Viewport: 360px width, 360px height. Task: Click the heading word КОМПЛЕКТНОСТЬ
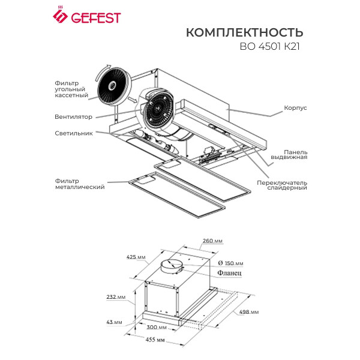coord(244,32)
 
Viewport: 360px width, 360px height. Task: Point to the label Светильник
coord(74,133)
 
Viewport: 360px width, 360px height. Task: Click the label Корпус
coord(295,109)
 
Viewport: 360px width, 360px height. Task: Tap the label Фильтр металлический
coord(76,184)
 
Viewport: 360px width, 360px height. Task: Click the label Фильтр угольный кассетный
coord(71,89)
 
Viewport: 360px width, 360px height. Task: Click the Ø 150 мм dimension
coord(231,263)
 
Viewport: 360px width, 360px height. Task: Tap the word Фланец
coord(230,273)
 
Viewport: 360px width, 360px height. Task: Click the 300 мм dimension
coord(158,328)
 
